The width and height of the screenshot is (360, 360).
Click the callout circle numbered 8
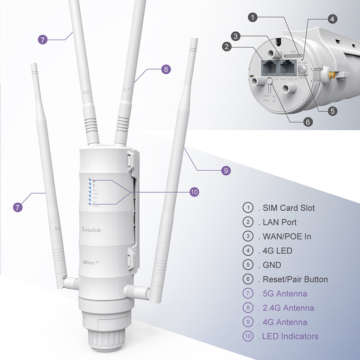(166, 69)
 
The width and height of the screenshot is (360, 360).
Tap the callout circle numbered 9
(226, 170)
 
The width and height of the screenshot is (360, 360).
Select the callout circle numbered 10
(194, 192)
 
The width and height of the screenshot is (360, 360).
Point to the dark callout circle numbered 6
(307, 122)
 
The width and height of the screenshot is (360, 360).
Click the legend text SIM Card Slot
(289, 208)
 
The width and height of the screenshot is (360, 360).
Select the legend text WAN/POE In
(287, 237)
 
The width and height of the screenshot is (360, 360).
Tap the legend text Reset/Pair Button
(295, 279)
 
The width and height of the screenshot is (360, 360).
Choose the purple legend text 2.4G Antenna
(288, 308)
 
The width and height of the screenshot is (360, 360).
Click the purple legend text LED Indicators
(290, 337)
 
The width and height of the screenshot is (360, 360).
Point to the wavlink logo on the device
(91, 230)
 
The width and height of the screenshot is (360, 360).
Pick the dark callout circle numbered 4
(332, 18)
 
